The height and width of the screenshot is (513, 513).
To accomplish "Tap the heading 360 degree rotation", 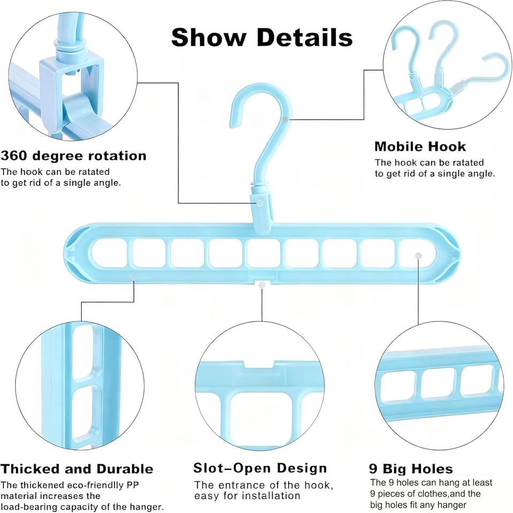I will [x=73, y=156].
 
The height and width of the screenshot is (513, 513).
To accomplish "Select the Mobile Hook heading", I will [x=420, y=146].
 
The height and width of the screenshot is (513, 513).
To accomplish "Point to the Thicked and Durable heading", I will [x=77, y=469].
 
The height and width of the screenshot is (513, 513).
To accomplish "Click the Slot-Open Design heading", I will [x=260, y=469].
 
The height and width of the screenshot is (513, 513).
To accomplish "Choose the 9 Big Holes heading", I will [x=411, y=469].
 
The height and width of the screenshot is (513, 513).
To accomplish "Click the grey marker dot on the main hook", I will [x=287, y=119].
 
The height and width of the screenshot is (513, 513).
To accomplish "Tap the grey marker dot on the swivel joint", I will [x=261, y=203].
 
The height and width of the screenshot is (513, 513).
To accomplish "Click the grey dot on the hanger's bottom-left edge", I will [x=134, y=277].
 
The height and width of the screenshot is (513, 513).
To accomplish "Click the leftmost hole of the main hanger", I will [x=110, y=253].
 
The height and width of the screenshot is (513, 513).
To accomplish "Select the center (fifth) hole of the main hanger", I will [x=263, y=253].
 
